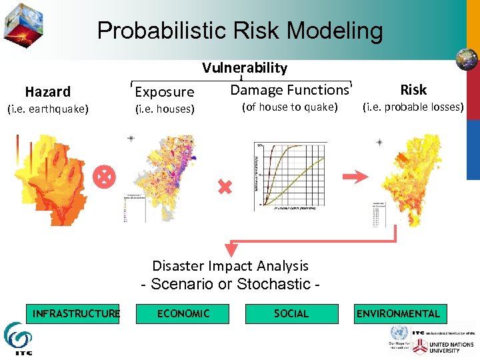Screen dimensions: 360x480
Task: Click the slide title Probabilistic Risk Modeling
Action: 240,31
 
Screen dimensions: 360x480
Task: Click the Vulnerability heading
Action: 245,68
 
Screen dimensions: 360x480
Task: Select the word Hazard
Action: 47,91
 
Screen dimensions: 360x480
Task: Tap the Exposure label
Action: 165,92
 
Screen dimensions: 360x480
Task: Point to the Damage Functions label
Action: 289,90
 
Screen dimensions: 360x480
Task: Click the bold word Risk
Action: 413,89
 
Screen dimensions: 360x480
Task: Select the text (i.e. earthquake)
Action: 47,109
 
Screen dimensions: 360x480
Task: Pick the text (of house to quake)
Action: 289,107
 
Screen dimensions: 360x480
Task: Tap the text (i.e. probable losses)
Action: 413,107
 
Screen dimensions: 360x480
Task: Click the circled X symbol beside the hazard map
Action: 105,176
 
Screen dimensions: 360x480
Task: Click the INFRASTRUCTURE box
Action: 75,313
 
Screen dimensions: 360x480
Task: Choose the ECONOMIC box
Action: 183,313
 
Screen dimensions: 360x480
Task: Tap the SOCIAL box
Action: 291,313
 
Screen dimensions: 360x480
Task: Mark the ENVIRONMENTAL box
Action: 399,313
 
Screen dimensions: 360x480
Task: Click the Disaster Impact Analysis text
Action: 231,266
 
